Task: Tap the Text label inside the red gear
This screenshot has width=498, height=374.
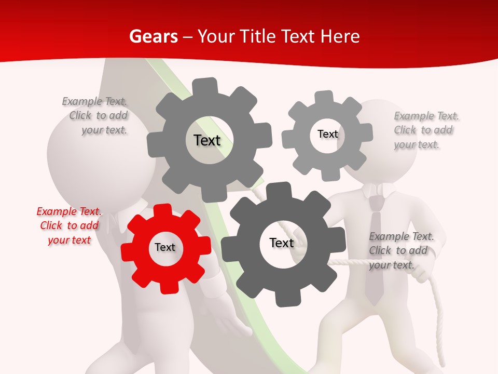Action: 165,247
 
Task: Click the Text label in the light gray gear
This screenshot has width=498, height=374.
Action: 327,134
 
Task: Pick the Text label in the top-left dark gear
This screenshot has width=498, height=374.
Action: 207,140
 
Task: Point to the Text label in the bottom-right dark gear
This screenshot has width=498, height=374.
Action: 282,243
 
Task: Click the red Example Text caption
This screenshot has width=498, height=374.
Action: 69,225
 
